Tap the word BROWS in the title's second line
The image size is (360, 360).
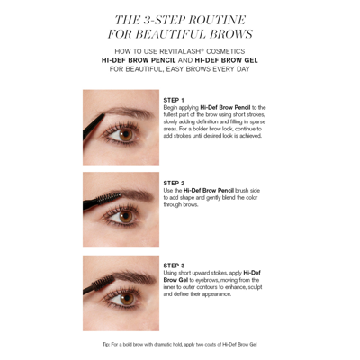[221, 34]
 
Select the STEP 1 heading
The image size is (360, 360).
[174, 99]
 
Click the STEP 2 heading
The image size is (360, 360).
[174, 182]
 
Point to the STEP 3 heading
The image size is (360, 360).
[174, 265]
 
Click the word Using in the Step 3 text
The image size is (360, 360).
[171, 273]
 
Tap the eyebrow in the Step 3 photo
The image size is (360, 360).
[126, 279]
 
